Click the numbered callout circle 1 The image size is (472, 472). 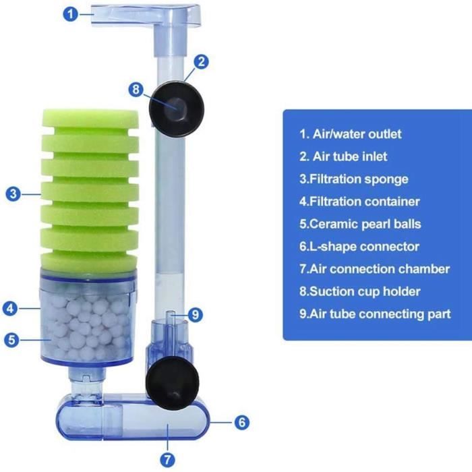click(x=70, y=14)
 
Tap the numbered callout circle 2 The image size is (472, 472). click(x=201, y=62)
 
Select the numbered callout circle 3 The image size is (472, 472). click(x=13, y=194)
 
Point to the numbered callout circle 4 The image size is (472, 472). click(x=10, y=308)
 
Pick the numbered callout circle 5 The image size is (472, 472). click(x=11, y=340)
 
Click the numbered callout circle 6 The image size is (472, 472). click(x=241, y=422)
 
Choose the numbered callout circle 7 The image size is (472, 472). click(x=167, y=460)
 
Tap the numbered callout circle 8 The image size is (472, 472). click(x=136, y=90)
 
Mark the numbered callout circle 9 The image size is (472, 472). click(x=196, y=315)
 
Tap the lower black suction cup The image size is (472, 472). click(x=172, y=384)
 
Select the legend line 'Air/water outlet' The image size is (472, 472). click(x=351, y=134)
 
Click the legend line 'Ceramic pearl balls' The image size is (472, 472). click(x=360, y=224)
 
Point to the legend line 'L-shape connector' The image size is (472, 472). click(x=359, y=247)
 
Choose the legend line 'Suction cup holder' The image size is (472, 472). click(x=359, y=291)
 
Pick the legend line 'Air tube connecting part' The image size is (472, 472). click(x=375, y=314)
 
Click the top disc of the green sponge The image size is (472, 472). click(x=90, y=118)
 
